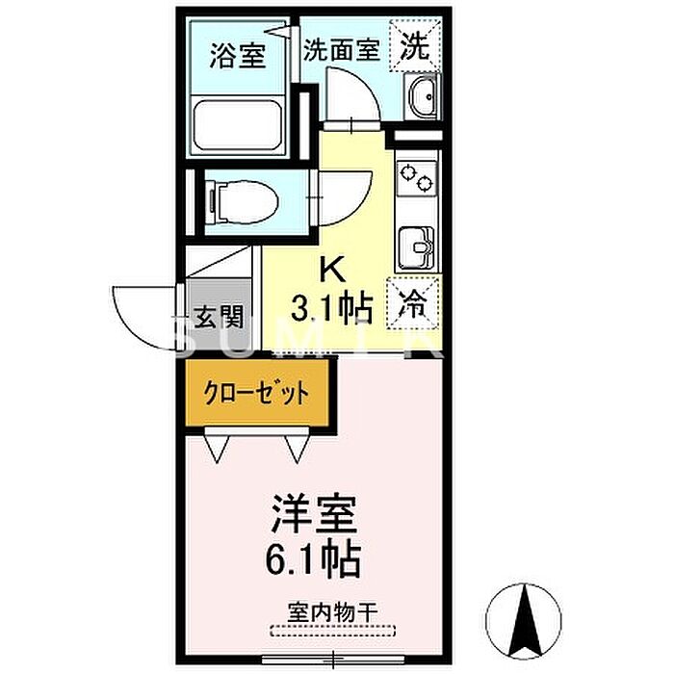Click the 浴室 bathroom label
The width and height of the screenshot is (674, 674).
tap(237, 56)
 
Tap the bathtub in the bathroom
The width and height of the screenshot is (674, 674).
tap(237, 124)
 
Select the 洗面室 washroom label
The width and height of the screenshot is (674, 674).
tap(342, 49)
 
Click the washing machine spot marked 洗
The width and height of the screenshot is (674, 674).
tap(415, 46)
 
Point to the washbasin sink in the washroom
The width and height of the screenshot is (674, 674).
tap(422, 97)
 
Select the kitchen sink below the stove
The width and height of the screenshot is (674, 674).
tap(417, 248)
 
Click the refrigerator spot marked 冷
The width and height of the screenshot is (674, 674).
tap(413, 304)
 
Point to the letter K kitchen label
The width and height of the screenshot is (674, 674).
tap(333, 269)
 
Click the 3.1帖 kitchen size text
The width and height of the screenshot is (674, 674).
tap(331, 308)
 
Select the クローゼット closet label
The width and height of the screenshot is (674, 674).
tap(257, 392)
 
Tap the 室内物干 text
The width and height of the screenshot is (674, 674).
tap(333, 612)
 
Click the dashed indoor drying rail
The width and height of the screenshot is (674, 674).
tap(333, 630)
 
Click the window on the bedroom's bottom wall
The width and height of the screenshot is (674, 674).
tap(333, 658)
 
